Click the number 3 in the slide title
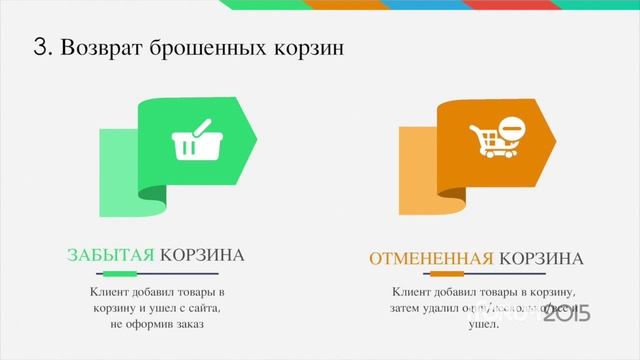pos(41,47)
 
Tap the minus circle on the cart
pos(511,129)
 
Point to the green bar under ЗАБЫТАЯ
pos(119,273)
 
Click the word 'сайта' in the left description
pos(203,308)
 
